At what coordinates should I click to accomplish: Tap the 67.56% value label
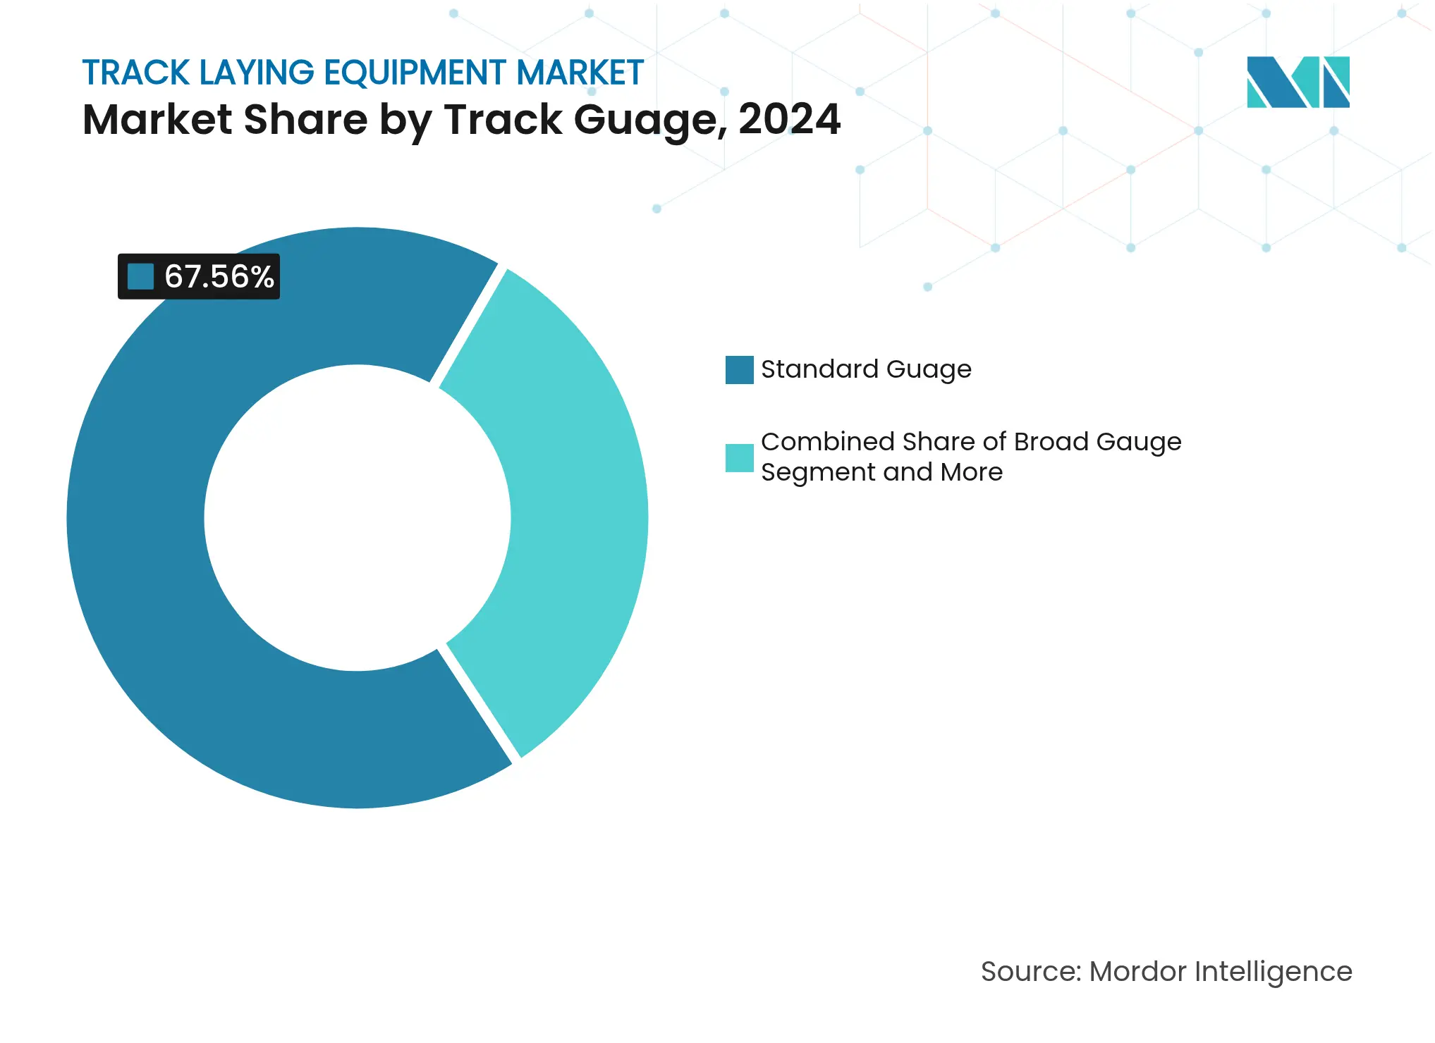point(219,276)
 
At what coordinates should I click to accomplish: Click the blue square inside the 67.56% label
point(140,276)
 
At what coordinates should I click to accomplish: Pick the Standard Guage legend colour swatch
point(739,369)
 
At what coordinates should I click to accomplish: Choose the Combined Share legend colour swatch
point(739,457)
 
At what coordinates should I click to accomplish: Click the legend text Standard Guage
point(866,369)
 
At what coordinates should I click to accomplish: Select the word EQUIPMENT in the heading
point(415,73)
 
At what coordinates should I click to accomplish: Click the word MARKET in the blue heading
point(580,73)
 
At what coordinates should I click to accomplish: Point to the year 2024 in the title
point(789,119)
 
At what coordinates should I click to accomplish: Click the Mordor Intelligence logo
point(1297,82)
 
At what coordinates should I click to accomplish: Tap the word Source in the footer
point(1030,971)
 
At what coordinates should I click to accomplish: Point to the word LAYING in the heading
point(257,73)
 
